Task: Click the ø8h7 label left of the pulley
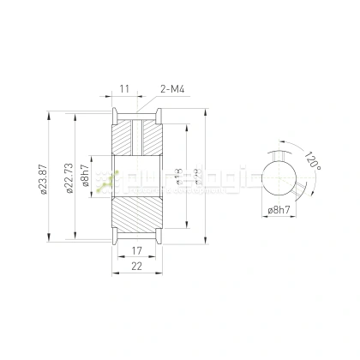click(x=84, y=178)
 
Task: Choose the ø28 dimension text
click(x=197, y=178)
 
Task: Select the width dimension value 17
click(x=136, y=252)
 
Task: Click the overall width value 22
click(x=136, y=267)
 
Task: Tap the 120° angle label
click(x=312, y=161)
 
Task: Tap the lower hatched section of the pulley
click(x=136, y=219)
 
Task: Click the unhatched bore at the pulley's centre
click(x=136, y=178)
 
